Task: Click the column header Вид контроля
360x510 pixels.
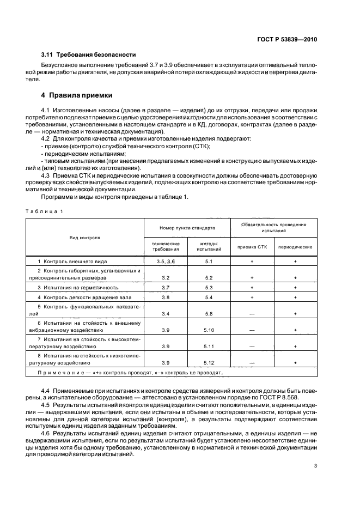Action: [x=85, y=238]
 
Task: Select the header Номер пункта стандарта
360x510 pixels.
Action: [x=187, y=228]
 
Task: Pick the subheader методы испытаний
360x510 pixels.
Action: [x=209, y=246]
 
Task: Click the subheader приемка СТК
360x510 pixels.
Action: [x=252, y=247]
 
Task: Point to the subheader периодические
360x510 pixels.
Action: [x=295, y=247]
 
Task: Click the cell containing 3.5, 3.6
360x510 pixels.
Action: [x=166, y=262]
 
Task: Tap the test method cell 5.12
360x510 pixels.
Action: [x=209, y=362]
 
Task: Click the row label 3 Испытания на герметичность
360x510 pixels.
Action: [x=78, y=287]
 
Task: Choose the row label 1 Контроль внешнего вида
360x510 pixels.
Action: [x=71, y=262]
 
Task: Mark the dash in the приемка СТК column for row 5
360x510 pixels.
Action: [x=252, y=314]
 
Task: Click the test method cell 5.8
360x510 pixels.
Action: [x=209, y=314]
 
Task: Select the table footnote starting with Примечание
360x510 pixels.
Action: [x=129, y=373]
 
